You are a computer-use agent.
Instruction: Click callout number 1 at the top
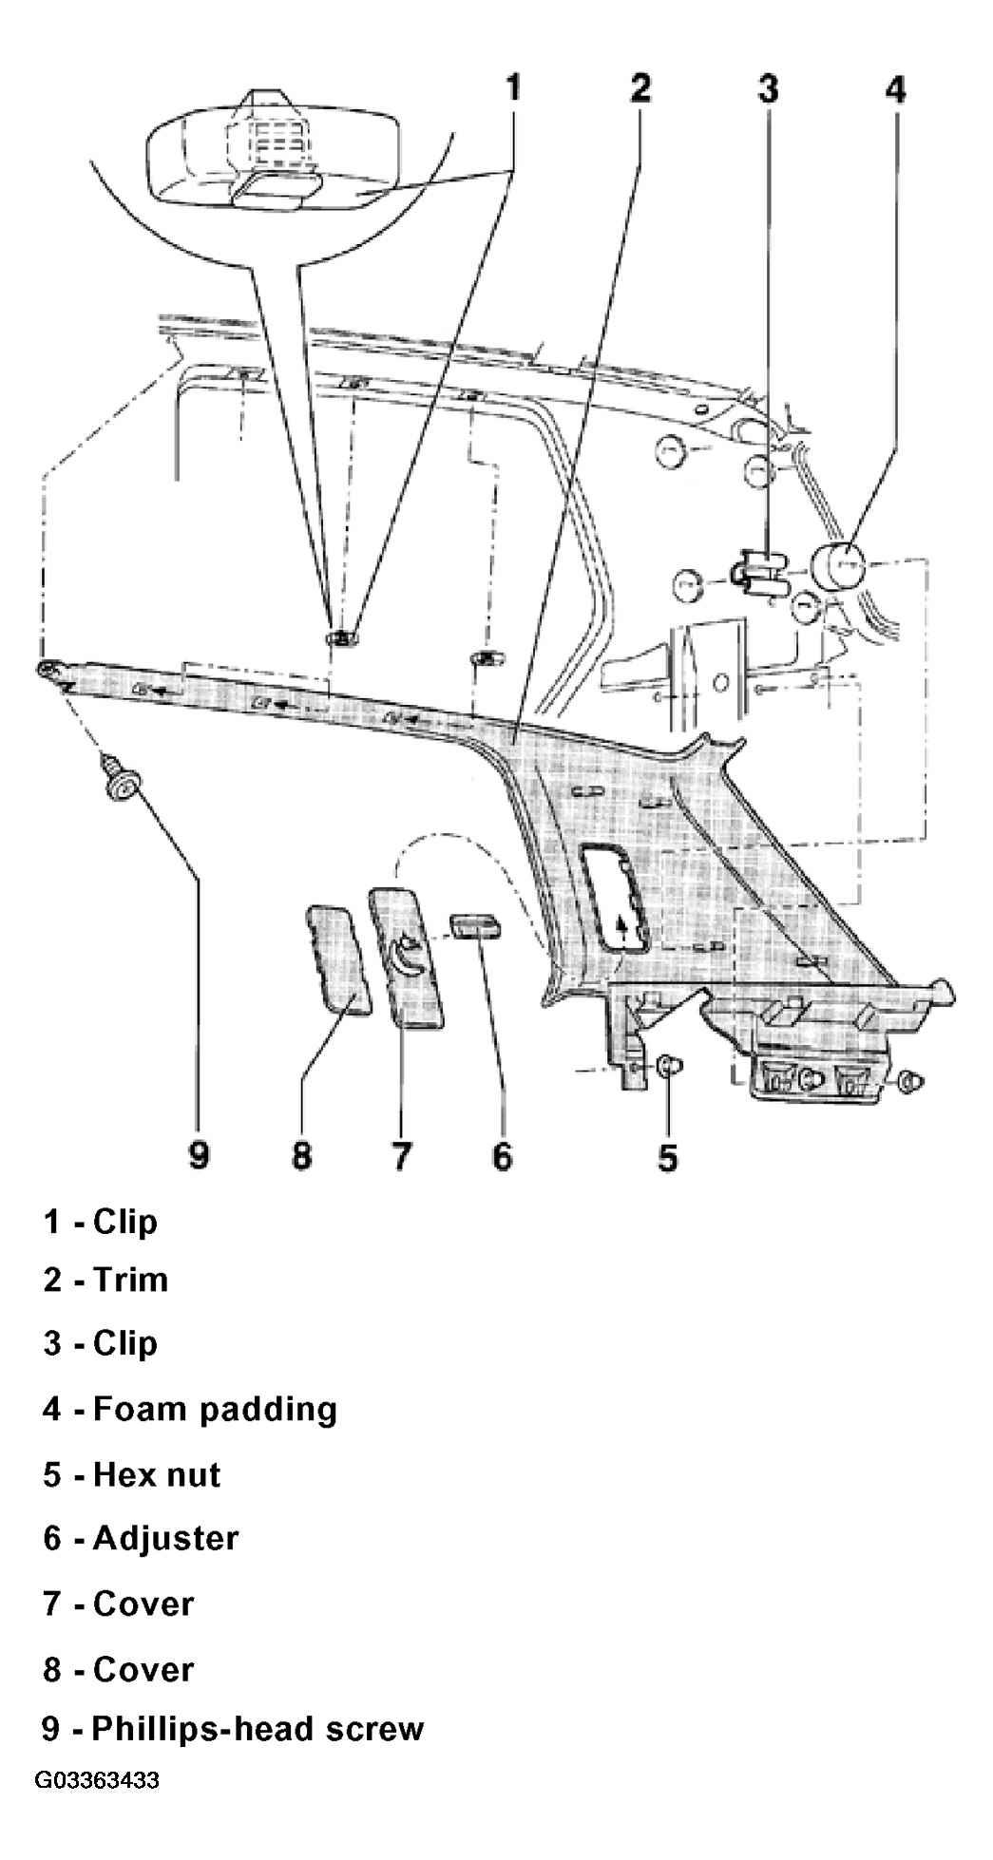click(x=512, y=88)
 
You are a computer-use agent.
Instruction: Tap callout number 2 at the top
click(x=640, y=88)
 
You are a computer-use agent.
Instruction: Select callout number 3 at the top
click(x=768, y=88)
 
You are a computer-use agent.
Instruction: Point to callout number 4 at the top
click(x=895, y=88)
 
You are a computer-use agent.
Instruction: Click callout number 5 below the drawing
click(x=669, y=1156)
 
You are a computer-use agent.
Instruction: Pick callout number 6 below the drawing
click(x=502, y=1156)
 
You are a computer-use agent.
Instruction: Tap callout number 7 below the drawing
click(x=402, y=1156)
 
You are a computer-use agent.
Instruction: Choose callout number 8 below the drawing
click(x=301, y=1156)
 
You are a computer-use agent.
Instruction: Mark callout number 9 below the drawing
click(x=199, y=1156)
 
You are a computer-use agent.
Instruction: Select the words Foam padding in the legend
click(x=215, y=1409)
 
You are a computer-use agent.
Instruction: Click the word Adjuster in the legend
click(x=165, y=1538)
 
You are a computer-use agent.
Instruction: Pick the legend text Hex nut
click(x=157, y=1474)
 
